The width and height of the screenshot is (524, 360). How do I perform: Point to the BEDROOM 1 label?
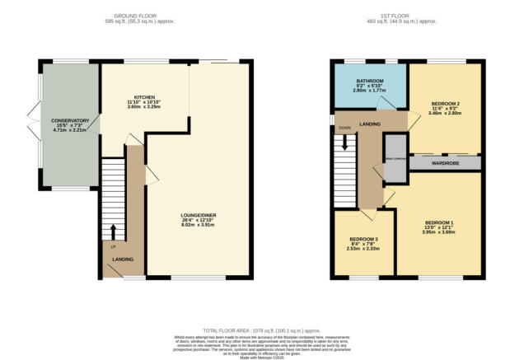tap(439, 222)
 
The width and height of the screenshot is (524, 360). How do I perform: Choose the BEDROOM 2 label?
tap(445, 103)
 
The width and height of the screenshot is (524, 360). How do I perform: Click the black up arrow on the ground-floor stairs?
tap(113, 229)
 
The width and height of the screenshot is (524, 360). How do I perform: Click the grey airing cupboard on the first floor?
tap(395, 161)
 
